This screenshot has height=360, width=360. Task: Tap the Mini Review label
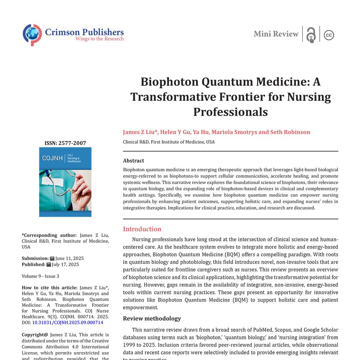tap(276, 34)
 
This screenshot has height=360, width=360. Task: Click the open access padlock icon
tap(311, 35)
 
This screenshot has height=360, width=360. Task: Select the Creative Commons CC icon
tap(329, 35)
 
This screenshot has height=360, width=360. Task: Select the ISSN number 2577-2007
tap(72, 143)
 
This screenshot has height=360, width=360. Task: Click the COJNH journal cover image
tap(65, 182)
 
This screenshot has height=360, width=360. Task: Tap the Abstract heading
tap(133, 161)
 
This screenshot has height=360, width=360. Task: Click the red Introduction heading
tap(142, 229)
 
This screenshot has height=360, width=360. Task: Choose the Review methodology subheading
tap(152, 318)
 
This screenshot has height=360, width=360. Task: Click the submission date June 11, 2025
tap(69, 258)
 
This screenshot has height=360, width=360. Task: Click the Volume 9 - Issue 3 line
tap(41, 276)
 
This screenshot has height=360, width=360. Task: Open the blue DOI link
tap(68, 322)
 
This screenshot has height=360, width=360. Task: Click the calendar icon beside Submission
tap(52, 258)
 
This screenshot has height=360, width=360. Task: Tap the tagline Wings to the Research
tap(99, 39)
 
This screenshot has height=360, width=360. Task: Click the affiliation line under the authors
tap(169, 142)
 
